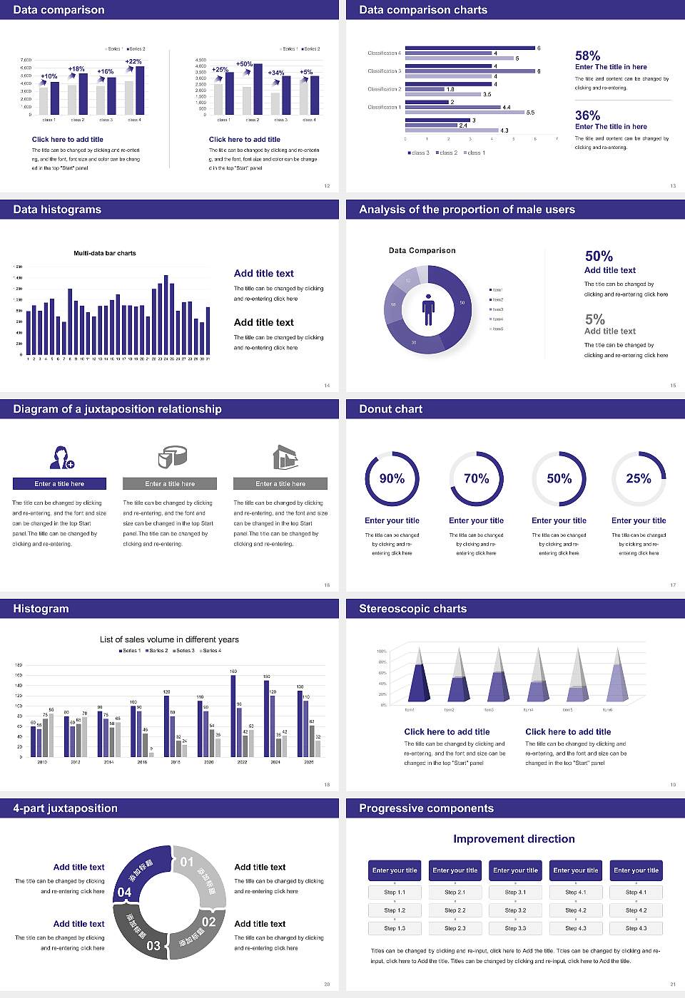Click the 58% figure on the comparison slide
pyautogui.click(x=587, y=56)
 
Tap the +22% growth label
pyautogui.click(x=133, y=61)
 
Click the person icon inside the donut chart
pyautogui.click(x=428, y=309)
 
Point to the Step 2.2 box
pyautogui.click(x=455, y=910)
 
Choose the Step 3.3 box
pyautogui.click(x=515, y=928)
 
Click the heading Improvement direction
pyautogui.click(x=514, y=839)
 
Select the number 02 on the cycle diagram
pyautogui.click(x=208, y=922)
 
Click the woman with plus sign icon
pyautogui.click(x=61, y=457)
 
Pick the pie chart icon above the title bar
pyautogui.click(x=172, y=456)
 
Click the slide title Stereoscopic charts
pyautogui.click(x=412, y=609)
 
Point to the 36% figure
pyautogui.click(x=587, y=115)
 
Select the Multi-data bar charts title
pyautogui.click(x=105, y=253)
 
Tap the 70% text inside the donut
pyautogui.click(x=476, y=478)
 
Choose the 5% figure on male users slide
pyautogui.click(x=594, y=319)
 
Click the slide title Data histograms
pyautogui.click(x=57, y=210)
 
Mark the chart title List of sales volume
pyautogui.click(x=169, y=639)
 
